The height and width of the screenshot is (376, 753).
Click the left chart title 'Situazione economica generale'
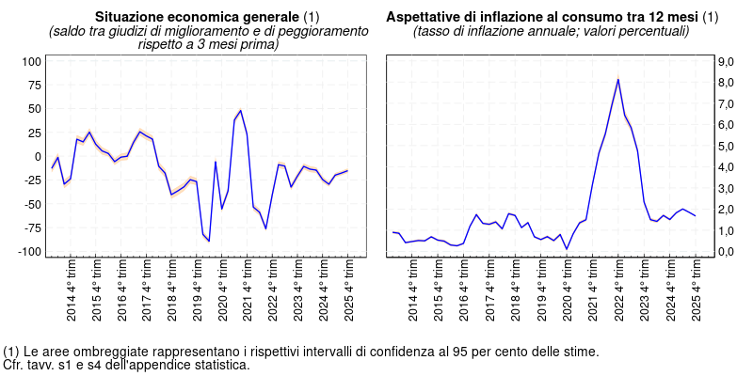pos(198,18)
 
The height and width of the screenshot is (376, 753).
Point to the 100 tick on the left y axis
pos(32,61)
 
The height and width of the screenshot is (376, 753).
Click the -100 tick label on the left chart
pos(30,252)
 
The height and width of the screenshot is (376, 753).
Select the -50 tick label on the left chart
pos(32,204)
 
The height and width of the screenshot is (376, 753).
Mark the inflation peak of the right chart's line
pos(617,79)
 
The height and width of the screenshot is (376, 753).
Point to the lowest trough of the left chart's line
pos(209,242)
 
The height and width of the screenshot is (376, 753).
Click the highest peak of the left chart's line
pos(240,110)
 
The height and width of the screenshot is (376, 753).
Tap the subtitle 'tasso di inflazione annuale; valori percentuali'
pos(552,31)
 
